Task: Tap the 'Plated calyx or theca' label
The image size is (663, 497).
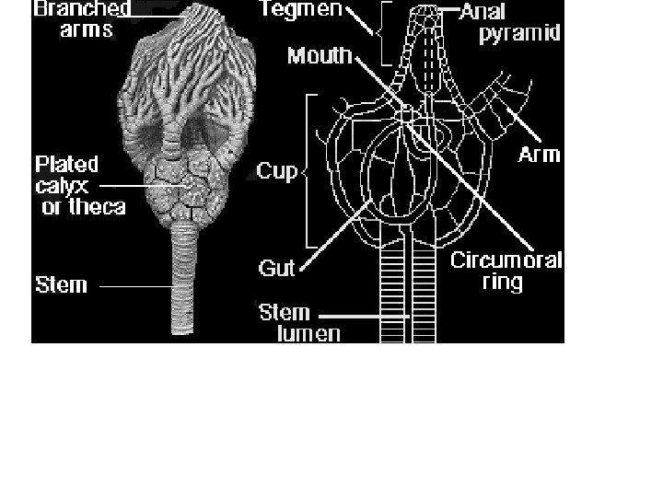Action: (79, 185)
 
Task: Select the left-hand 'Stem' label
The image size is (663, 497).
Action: (61, 284)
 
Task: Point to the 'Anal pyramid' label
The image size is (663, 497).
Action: (521, 24)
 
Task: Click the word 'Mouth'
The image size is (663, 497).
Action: (320, 56)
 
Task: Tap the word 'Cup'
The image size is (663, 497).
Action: (276, 171)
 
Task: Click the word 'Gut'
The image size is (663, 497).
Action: (276, 268)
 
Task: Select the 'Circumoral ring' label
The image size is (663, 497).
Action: (506, 271)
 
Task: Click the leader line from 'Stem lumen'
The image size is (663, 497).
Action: (368, 318)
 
